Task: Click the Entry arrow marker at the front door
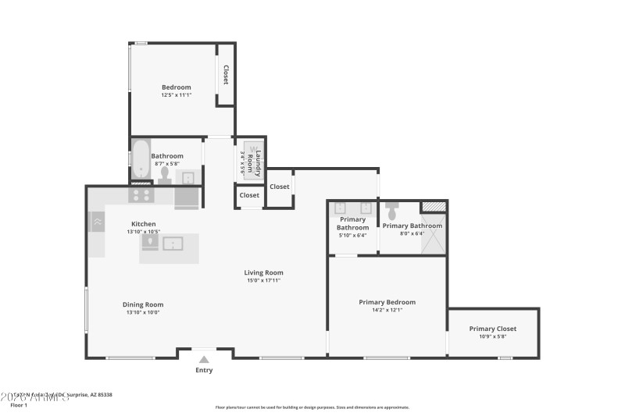coord(204,359)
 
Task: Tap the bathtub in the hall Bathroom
coord(141,159)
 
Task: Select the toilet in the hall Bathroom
coord(165,175)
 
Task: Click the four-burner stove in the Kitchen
coord(141,195)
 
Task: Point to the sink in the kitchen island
coord(173,244)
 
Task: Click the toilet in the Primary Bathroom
coord(391,211)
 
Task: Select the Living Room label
coord(263,272)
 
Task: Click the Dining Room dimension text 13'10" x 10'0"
coord(142,313)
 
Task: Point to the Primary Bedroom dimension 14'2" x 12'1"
coord(387,310)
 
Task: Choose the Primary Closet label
coord(492,329)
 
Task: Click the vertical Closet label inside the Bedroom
coord(226,74)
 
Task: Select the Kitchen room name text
coord(143,223)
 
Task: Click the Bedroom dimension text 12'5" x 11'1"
coord(176,95)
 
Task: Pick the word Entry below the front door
coord(204,370)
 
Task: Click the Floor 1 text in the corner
coord(19,405)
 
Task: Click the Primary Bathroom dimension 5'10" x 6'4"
coord(352,235)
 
